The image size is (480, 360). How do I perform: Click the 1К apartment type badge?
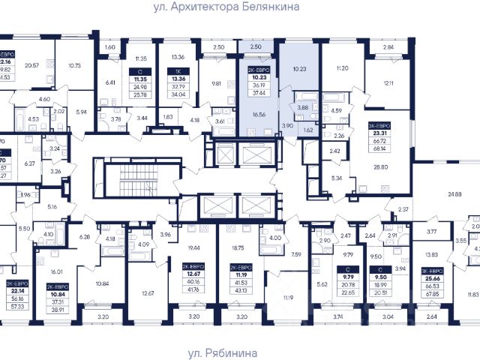coord(178,67)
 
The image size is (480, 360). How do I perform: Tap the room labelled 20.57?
coord(31,65)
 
